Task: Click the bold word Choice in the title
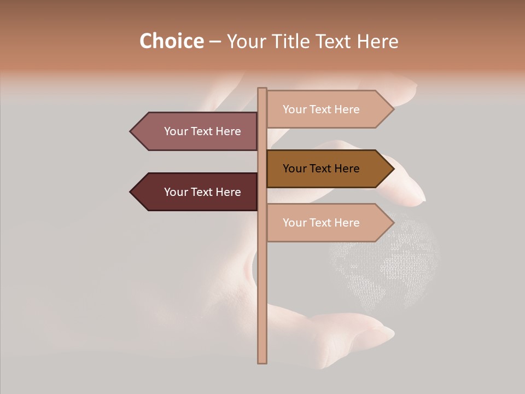(171, 41)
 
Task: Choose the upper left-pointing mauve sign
(194, 131)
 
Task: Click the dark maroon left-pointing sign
(194, 192)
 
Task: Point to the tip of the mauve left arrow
(131, 131)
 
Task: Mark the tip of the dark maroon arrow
(131, 192)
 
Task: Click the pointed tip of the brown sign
(393, 169)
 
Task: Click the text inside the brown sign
(321, 169)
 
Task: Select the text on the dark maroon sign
(202, 192)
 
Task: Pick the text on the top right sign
(321, 109)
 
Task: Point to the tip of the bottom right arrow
(393, 223)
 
